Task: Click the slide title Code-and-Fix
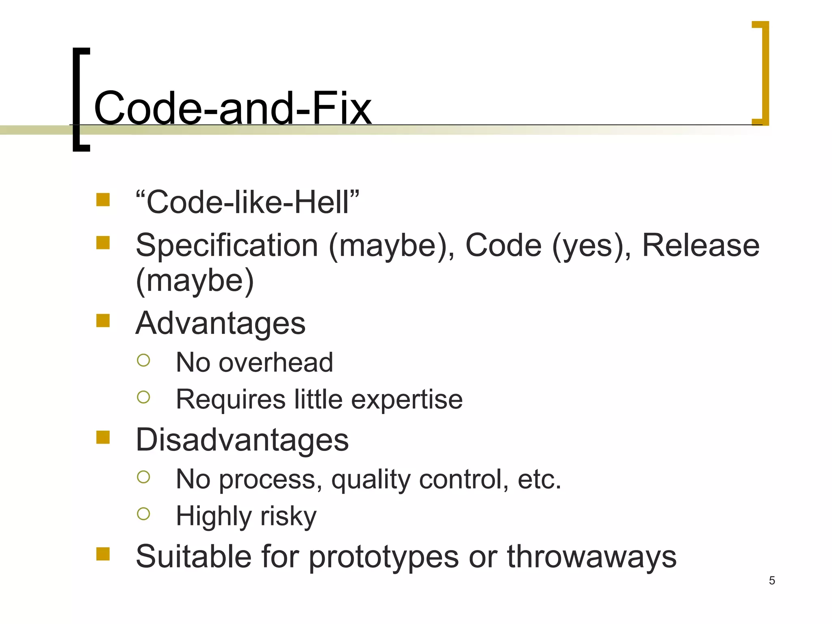pyautogui.click(x=232, y=108)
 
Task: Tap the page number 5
pyautogui.click(x=772, y=581)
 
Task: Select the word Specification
pyautogui.click(x=227, y=246)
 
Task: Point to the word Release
pyautogui.click(x=700, y=246)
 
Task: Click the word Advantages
pyautogui.click(x=221, y=323)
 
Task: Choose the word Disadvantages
pyautogui.click(x=242, y=440)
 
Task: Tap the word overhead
pyautogui.click(x=276, y=362)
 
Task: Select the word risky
pyautogui.click(x=288, y=516)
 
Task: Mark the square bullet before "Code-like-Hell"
pyautogui.click(x=103, y=200)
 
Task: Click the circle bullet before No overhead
pyautogui.click(x=143, y=360)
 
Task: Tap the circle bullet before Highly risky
pyautogui.click(x=143, y=514)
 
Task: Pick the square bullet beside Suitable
pyautogui.click(x=103, y=554)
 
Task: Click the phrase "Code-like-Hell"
pyautogui.click(x=247, y=202)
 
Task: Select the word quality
pyautogui.click(x=371, y=480)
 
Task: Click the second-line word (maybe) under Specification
pyautogui.click(x=195, y=281)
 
